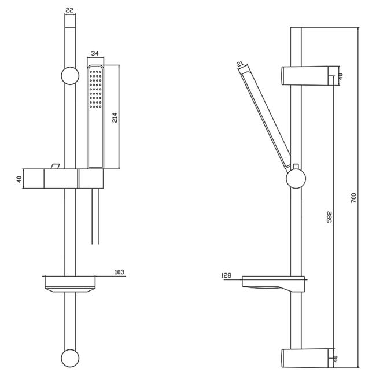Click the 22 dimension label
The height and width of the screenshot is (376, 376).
(x=70, y=10)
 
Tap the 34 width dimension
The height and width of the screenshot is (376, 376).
(x=95, y=53)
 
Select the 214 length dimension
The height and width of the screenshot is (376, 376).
(x=115, y=117)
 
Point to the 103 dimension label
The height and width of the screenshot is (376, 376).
(x=119, y=272)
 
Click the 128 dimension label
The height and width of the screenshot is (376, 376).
(x=226, y=275)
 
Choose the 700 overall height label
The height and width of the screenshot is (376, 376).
(x=354, y=198)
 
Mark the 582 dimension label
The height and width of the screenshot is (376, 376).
(x=330, y=217)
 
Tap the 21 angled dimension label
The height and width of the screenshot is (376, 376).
(x=240, y=64)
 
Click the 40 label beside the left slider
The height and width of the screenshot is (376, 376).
(x=19, y=179)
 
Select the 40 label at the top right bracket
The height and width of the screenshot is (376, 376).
(x=341, y=76)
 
